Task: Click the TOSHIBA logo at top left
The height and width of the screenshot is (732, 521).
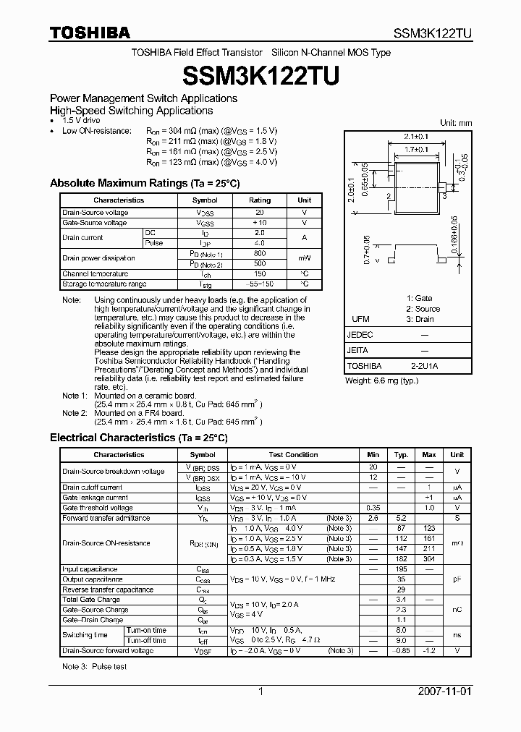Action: (x=90, y=33)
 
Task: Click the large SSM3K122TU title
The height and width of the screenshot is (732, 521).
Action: (x=260, y=75)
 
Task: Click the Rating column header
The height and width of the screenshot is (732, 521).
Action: (x=260, y=200)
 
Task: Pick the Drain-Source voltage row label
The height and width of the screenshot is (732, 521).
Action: (x=96, y=213)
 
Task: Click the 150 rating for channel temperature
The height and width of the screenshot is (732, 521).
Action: (x=260, y=274)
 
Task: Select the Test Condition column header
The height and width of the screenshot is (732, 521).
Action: (x=293, y=455)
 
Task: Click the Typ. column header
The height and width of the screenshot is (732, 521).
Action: (x=401, y=455)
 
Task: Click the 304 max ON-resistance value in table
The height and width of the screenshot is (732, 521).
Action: (x=429, y=559)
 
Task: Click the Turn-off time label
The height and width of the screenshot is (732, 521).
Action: (x=146, y=640)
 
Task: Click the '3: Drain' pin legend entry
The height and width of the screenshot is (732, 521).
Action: (x=420, y=319)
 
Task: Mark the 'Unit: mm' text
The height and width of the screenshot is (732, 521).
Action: (x=456, y=123)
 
